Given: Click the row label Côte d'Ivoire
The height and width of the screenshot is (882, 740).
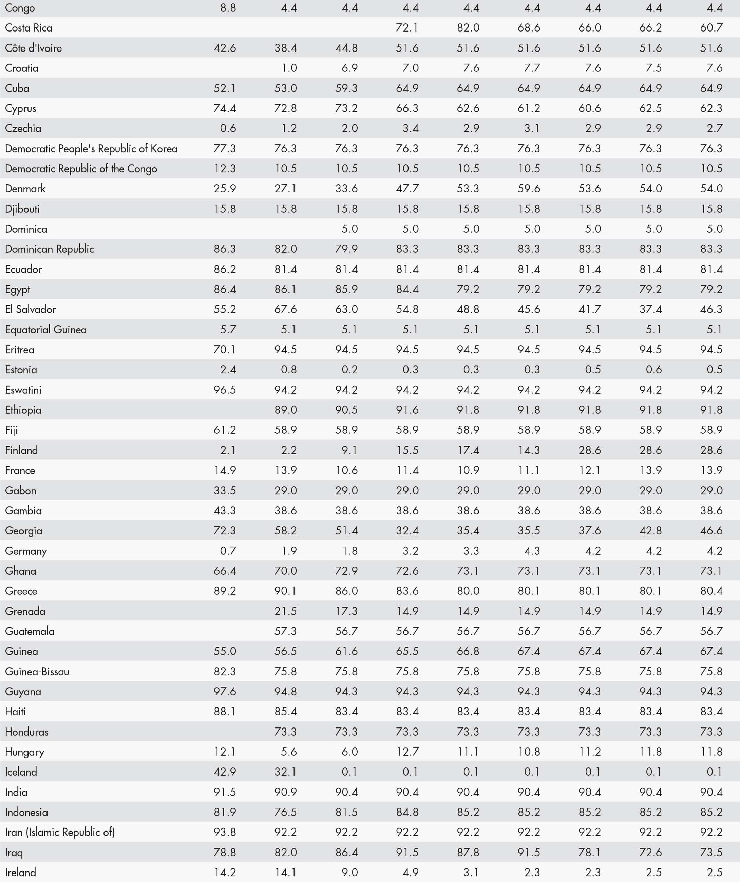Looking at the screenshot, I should click(x=33, y=48).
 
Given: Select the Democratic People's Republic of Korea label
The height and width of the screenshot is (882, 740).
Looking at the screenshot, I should click(x=91, y=149).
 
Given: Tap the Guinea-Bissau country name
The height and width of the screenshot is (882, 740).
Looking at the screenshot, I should click(x=37, y=672).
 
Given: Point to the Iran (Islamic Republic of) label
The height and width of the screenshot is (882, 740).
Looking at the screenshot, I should click(x=60, y=832).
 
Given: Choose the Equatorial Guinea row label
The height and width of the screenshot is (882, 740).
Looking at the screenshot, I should click(x=46, y=330).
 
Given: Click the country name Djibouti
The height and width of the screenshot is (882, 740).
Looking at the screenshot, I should click(x=22, y=209).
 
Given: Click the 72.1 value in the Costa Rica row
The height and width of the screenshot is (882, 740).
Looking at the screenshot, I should click(x=407, y=28).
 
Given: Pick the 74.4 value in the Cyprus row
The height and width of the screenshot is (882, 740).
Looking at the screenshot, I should click(x=225, y=108).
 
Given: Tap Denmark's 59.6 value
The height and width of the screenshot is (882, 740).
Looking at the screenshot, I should click(x=529, y=189).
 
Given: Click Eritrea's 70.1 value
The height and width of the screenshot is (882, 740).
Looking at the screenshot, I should click(x=225, y=349).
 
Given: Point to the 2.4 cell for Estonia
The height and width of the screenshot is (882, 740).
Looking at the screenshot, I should click(x=228, y=370).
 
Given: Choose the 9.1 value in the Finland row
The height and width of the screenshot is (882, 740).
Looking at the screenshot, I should click(x=349, y=450).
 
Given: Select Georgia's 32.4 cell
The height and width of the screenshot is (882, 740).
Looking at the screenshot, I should click(x=407, y=531).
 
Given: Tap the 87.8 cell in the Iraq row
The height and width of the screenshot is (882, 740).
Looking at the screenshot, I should click(x=468, y=852).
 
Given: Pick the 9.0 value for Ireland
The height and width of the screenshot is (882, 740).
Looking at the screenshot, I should click(x=349, y=872).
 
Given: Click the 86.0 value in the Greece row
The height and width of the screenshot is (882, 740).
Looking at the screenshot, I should click(x=346, y=591).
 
